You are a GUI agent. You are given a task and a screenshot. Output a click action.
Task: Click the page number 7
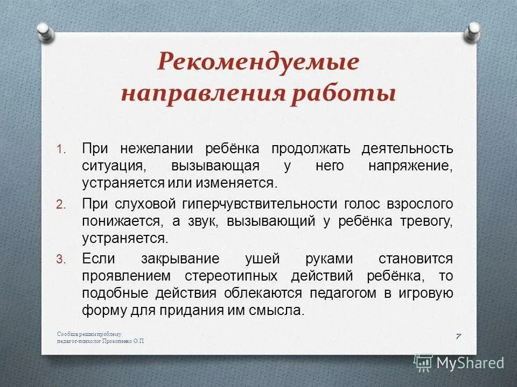458,336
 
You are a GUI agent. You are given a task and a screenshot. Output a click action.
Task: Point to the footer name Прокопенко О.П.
122,341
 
